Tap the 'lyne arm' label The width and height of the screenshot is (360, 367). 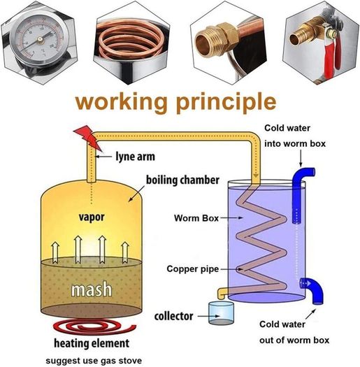click(136, 157)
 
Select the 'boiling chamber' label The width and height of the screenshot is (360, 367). click(182, 180)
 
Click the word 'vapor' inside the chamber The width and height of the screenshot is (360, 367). click(92, 217)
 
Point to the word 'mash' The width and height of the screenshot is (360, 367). click(92, 289)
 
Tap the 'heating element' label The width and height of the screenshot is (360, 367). click(92, 343)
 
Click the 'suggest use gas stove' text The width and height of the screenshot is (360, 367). click(94, 361)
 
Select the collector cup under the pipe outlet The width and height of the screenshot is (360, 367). click(221, 313)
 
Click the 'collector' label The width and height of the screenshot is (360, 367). click(173, 316)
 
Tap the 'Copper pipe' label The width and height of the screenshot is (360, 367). click(193, 269)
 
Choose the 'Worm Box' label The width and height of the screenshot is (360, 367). click(196, 218)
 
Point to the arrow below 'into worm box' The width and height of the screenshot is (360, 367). click(301, 158)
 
